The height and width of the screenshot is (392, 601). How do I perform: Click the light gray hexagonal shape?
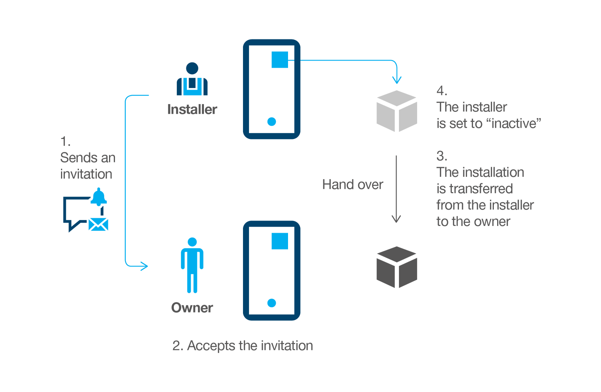(x=381, y=115)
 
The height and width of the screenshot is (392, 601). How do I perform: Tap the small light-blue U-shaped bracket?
(x=192, y=82)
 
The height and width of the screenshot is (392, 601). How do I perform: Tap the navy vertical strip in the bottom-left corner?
(x=70, y=290)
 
